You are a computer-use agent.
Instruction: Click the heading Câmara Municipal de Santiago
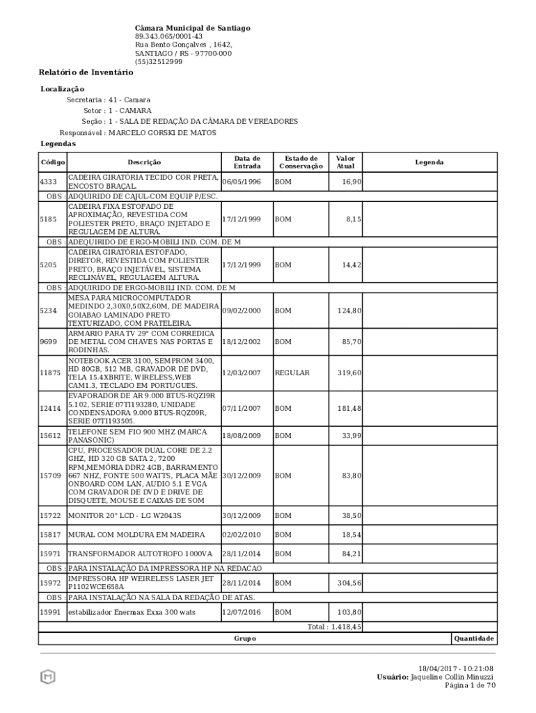point(192,28)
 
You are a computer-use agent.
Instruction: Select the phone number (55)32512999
point(159,61)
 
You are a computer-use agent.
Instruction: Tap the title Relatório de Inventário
point(86,72)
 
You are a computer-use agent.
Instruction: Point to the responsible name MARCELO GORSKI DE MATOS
point(162,132)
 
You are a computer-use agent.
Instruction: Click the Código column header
point(52,162)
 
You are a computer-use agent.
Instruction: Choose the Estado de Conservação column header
point(301,162)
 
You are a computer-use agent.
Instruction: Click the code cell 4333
point(48,182)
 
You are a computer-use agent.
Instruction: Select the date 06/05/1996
point(242,182)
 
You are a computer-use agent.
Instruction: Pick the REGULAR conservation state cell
point(292,373)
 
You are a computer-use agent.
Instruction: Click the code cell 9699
point(48,342)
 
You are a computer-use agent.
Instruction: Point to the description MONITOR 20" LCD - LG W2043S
point(125,516)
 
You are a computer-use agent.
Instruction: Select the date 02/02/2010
point(242,535)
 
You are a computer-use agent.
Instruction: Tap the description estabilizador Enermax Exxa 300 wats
point(132,612)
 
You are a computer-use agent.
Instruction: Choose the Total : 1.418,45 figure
point(334,627)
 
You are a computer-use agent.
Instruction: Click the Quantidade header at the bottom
point(474,638)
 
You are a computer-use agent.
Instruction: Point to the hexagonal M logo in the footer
point(48,676)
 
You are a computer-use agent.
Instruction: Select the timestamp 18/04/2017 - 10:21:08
point(456,668)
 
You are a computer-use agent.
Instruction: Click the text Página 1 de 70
point(470,685)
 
